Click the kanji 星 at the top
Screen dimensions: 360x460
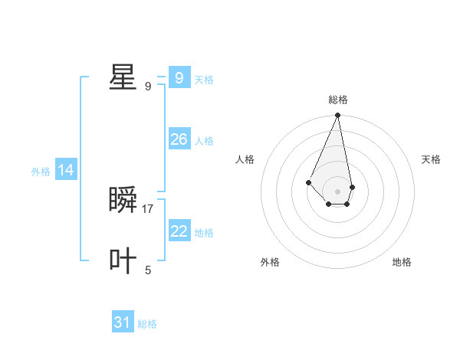pos(123,77)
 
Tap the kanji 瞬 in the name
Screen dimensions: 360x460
pos(123,201)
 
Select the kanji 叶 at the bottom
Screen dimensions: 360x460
pos(123,260)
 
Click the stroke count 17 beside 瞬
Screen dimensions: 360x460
pos(148,208)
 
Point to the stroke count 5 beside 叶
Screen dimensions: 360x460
pos(148,270)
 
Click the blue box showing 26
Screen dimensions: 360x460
pos(179,139)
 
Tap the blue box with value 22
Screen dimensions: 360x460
pos(179,231)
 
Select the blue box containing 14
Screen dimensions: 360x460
pos(66,170)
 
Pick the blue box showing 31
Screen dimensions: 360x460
pos(123,322)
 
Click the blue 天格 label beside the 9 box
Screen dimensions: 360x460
pos(204,80)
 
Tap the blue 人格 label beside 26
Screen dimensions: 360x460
pos(204,141)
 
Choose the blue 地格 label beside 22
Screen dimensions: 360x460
pos(204,233)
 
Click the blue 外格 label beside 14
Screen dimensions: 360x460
pos(41,172)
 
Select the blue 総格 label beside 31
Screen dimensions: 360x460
pos(147,324)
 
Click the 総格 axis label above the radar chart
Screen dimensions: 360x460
pos(338,100)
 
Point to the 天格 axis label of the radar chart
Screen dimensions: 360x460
pos(431,159)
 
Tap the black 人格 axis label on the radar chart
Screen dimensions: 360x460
pos(245,159)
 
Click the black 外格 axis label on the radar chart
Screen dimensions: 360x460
pos(270,262)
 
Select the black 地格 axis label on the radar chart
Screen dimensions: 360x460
pos(402,262)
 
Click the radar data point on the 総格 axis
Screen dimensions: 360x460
pos(338,116)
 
